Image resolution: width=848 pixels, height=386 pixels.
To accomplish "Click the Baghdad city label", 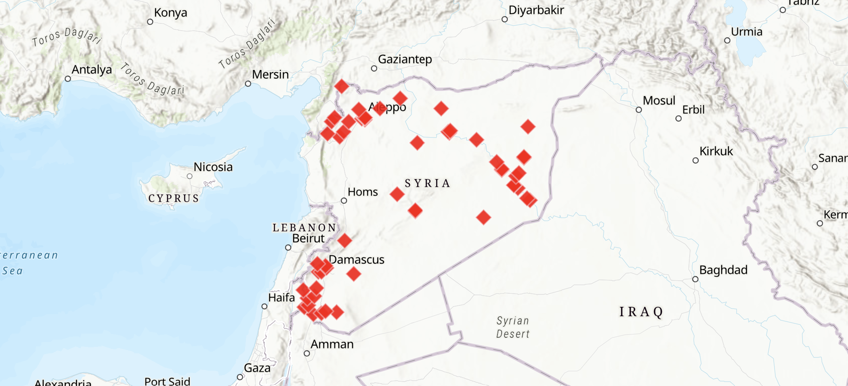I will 723,270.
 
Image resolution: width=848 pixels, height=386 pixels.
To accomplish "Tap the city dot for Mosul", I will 639,110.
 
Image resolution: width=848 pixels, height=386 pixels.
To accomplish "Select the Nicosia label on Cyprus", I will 213,167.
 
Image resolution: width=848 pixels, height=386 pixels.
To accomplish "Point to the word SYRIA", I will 427,184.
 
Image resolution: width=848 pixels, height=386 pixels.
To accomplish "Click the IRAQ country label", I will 641,312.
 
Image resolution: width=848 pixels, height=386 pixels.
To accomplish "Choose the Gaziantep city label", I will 405,59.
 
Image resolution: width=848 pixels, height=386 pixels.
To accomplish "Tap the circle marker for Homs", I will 344,200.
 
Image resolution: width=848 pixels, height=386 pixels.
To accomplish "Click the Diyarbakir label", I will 536,10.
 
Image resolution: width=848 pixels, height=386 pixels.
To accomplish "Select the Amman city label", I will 332,344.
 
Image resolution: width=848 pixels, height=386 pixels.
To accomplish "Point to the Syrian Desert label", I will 513,327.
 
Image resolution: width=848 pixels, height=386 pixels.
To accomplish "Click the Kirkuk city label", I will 716,151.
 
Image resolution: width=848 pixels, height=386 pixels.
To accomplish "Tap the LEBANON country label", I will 304,228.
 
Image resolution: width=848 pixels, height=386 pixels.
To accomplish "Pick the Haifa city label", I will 281,298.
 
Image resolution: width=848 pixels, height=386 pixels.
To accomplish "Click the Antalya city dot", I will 68,79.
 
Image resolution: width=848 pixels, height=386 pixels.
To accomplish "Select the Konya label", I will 170,13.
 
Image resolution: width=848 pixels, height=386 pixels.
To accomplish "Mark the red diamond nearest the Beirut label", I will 344,240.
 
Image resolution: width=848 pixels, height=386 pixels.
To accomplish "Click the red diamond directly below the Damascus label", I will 354,274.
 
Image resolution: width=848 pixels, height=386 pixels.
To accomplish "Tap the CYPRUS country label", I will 174,198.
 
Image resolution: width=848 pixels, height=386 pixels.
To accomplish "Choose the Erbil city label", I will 693,110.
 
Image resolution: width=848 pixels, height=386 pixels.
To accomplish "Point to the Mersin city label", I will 270,75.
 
